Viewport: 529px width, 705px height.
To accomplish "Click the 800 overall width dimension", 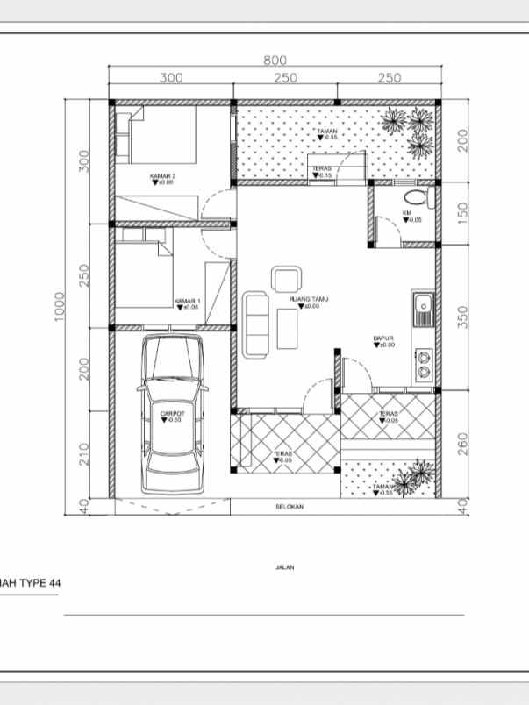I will (275, 60).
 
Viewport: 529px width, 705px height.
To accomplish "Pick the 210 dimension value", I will (84, 453).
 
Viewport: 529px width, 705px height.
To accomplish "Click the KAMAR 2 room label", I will (162, 177).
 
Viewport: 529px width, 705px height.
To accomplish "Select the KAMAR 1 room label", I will (187, 301).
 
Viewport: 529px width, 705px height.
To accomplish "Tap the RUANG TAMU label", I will (308, 300).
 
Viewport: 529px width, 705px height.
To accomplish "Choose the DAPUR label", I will (382, 338).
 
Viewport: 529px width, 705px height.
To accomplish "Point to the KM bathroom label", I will (407, 213).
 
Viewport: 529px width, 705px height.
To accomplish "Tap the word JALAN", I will (284, 567).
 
